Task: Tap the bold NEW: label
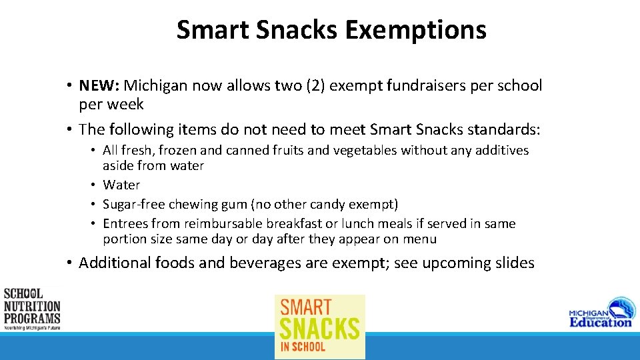(x=99, y=86)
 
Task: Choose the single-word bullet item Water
(x=121, y=185)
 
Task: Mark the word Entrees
(x=125, y=224)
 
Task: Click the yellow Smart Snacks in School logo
(x=320, y=327)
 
